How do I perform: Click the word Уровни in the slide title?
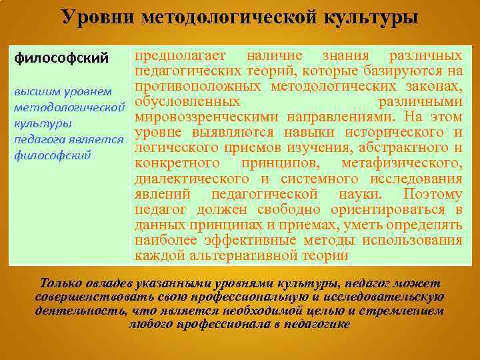click(x=95, y=15)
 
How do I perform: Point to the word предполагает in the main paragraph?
click(x=180, y=55)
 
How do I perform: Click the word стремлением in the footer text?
click(x=405, y=310)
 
